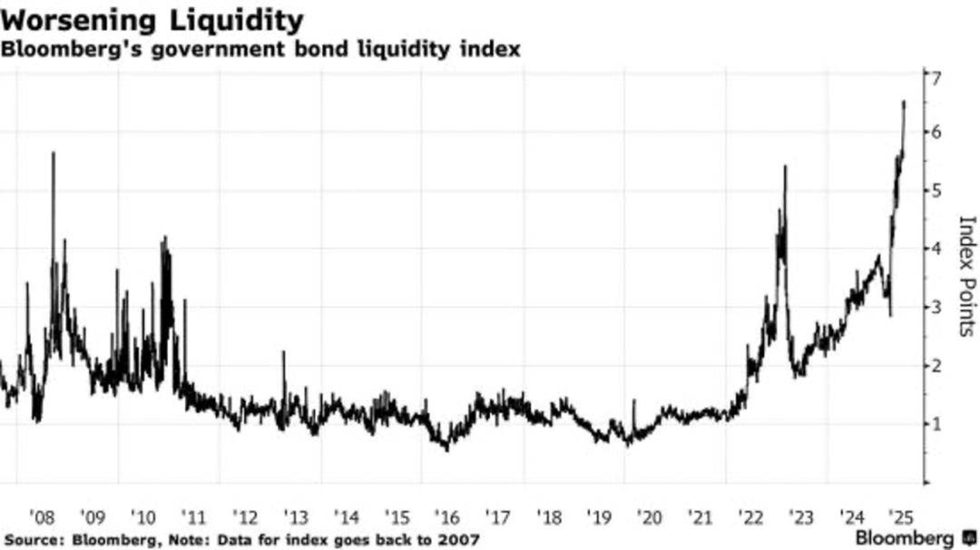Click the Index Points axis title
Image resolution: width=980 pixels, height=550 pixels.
pyautogui.click(x=965, y=276)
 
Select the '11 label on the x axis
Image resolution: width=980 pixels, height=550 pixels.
pyautogui.click(x=193, y=517)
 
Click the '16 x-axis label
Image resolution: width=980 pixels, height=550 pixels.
pyautogui.click(x=447, y=517)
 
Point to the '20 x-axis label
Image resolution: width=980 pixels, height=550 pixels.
pyautogui.click(x=650, y=517)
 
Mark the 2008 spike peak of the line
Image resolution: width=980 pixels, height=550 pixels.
pyautogui.click(x=53, y=152)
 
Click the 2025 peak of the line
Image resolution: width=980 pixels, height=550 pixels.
pyautogui.click(x=904, y=102)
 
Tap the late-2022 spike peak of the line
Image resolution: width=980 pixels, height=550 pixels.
pyautogui.click(x=784, y=167)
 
